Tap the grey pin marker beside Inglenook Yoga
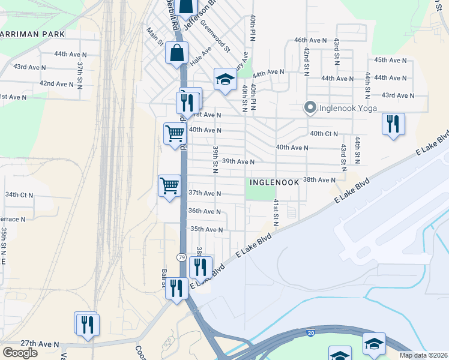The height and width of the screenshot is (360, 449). pyautogui.click(x=310, y=108)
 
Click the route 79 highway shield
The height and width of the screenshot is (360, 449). pyautogui.click(x=181, y=257)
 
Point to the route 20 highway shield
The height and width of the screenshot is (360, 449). pyautogui.click(x=310, y=332)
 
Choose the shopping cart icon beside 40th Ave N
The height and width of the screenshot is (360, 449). pyautogui.click(x=175, y=133)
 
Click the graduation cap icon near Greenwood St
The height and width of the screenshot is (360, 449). pyautogui.click(x=225, y=79)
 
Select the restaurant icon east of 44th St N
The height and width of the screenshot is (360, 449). pyautogui.click(x=393, y=124)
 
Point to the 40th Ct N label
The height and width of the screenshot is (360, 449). pyautogui.click(x=324, y=133)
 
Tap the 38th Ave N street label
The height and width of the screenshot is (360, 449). pyautogui.click(x=319, y=179)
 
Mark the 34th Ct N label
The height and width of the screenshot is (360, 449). pyautogui.click(x=19, y=194)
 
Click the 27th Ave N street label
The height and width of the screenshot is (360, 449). pyautogui.click(x=40, y=344)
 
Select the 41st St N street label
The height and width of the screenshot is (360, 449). pyautogui.click(x=276, y=212)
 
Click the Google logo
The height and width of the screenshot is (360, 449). pyautogui.click(x=20, y=352)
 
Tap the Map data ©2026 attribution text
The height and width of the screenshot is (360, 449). pyautogui.click(x=423, y=355)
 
